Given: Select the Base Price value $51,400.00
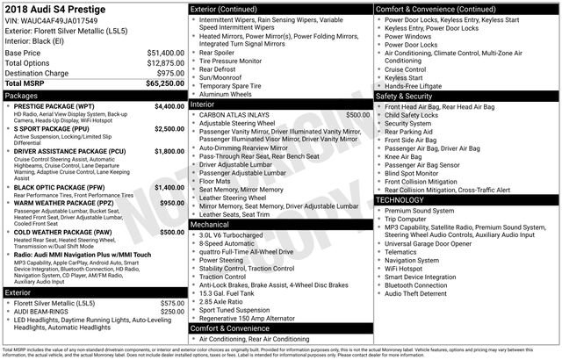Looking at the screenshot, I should coord(165,54).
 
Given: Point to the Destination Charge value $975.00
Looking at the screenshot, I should coord(170,73).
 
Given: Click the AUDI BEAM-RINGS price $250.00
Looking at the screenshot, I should coord(171,311).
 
